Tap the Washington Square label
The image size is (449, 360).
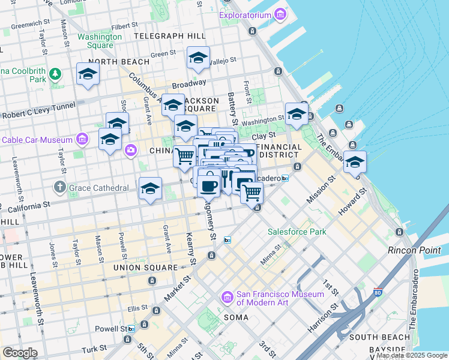tap(99, 41)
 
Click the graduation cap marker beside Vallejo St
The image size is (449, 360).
tap(198, 58)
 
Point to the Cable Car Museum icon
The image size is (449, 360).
tap(83, 140)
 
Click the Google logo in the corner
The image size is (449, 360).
tap(20, 352)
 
